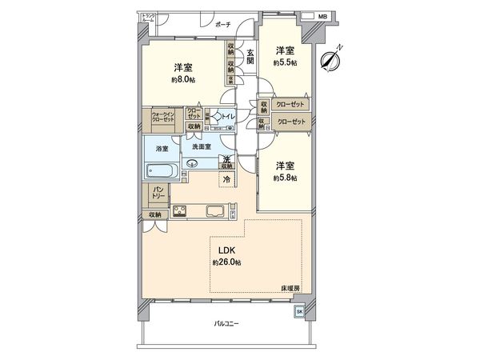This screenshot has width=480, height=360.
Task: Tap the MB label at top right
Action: (322, 16)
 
